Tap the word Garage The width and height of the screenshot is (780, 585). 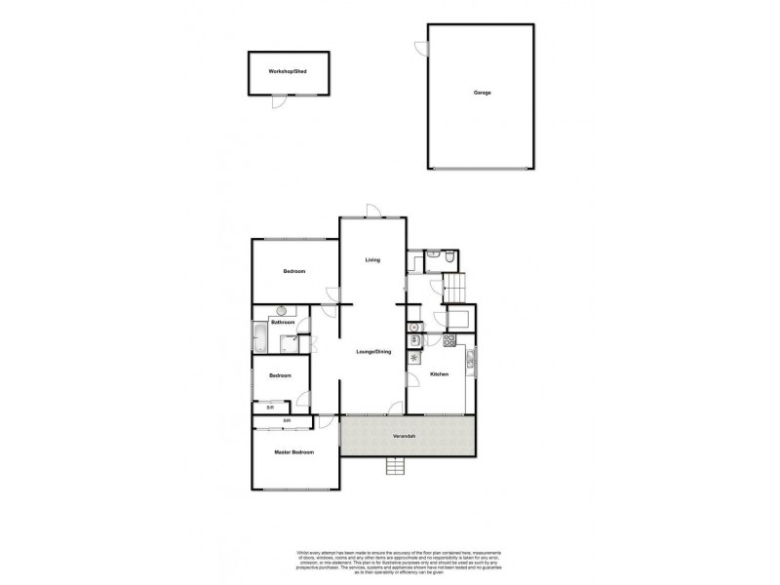coord(482,93)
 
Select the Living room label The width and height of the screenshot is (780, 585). coord(371,259)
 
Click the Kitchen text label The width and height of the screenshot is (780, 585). coord(439,373)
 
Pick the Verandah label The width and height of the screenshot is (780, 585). coord(407,436)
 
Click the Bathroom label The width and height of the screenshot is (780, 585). coord(283,322)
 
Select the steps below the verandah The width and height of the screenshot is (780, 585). coord(395,467)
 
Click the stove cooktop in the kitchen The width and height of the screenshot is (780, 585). coord(450,340)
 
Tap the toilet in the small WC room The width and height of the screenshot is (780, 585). coord(444,260)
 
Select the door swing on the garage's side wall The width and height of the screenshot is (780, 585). coord(420,47)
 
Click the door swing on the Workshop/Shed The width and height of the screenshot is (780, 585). coord(278,100)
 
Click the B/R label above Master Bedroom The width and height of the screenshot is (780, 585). coord(287,421)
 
